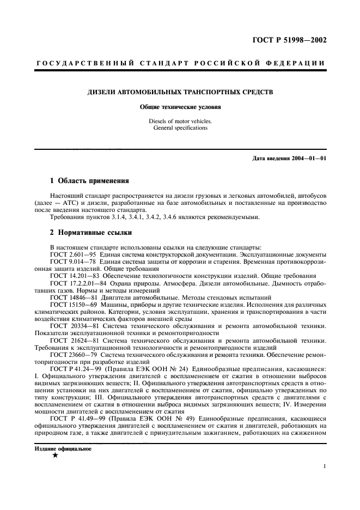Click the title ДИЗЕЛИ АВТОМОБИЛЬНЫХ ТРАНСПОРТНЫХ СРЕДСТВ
tap(180, 93)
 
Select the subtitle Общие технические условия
tap(180, 107)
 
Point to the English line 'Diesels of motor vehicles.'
tap(180, 121)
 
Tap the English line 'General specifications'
tap(180, 128)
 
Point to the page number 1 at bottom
tap(325, 466)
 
